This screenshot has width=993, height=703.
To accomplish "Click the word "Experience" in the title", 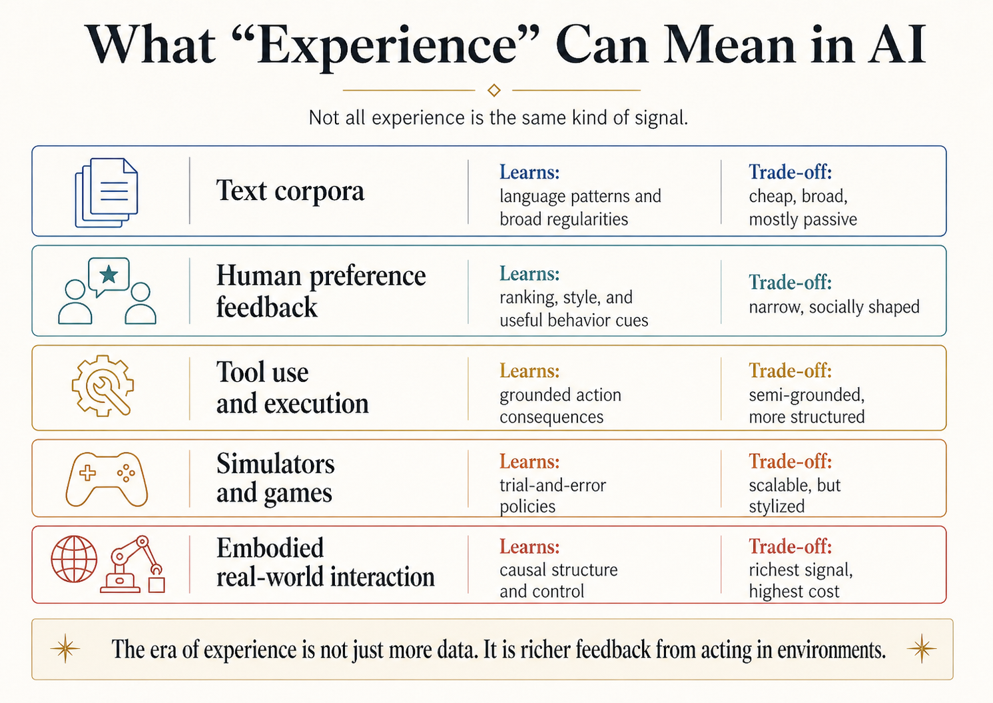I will [387, 45].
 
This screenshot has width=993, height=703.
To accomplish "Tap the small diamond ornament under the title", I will [494, 90].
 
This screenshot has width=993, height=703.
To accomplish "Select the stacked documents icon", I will [107, 192].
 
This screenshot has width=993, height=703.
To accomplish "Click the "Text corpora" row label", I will [290, 191].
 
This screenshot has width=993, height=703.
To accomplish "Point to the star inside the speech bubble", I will [109, 275].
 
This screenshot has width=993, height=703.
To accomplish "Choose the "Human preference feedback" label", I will [320, 291].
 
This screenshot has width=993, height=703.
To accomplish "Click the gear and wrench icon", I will [103, 386].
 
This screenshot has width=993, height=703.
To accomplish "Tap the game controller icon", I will [107, 478].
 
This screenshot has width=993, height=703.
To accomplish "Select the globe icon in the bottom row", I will [74, 558].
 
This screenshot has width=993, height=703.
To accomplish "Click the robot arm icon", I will [134, 565].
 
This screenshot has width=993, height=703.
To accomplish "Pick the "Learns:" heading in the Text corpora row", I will [529, 173].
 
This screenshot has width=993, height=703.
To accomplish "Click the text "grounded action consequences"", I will [560, 406].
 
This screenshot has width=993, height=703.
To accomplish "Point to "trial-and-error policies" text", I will [552, 495].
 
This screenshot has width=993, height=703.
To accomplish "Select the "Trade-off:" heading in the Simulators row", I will [790, 461].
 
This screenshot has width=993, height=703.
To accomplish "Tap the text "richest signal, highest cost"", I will [800, 580].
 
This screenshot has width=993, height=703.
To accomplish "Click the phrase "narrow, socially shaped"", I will [834, 307].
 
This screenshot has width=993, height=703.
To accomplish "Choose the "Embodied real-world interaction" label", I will [325, 562].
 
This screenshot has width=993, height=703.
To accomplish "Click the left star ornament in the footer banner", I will [65, 648].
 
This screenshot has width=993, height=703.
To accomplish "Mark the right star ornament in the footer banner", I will [922, 648].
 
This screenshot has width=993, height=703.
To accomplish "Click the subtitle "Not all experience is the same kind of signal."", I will [497, 118].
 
